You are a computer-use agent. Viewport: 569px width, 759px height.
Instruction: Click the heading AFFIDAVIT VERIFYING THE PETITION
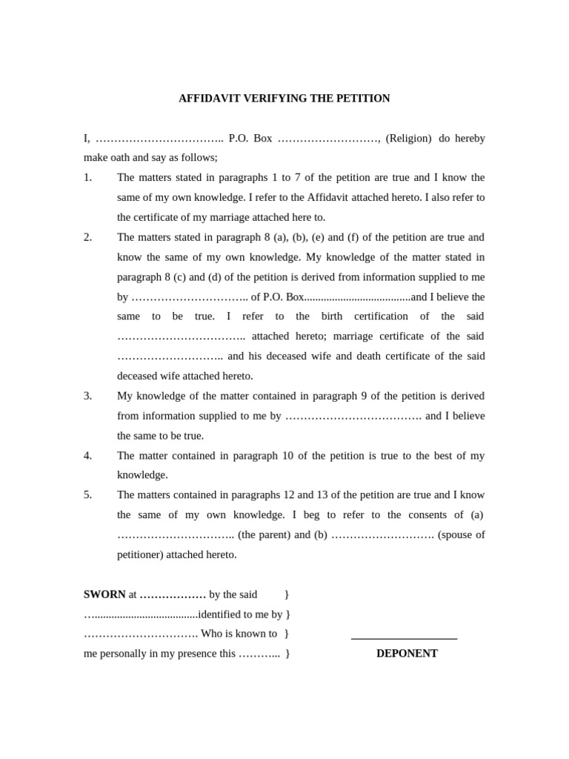tap(284, 99)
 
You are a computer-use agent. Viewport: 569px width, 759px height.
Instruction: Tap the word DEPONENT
tap(407, 654)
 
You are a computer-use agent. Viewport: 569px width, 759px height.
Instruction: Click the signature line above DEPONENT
tap(404, 638)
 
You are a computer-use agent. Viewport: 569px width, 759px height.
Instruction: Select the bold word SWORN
tap(104, 594)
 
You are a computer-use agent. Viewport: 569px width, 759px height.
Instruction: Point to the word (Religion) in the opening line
tap(408, 139)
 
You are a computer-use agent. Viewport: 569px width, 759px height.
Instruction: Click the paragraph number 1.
tap(87, 178)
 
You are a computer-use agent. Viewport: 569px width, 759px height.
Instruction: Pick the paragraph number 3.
tap(87, 396)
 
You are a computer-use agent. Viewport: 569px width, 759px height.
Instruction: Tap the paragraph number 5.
tap(87, 495)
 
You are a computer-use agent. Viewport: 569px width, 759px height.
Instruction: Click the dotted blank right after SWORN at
tap(173, 594)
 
